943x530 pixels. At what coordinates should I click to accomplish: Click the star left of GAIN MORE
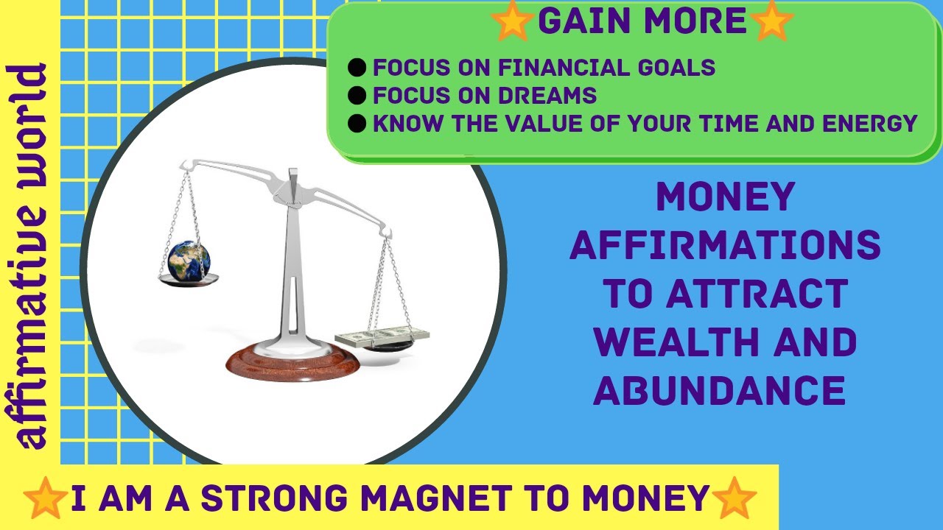click(x=513, y=21)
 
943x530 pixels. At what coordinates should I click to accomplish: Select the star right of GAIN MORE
click(x=771, y=21)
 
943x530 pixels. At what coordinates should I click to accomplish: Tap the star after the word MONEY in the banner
click(x=734, y=498)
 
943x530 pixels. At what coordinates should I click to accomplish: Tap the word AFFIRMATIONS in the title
click(x=725, y=246)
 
